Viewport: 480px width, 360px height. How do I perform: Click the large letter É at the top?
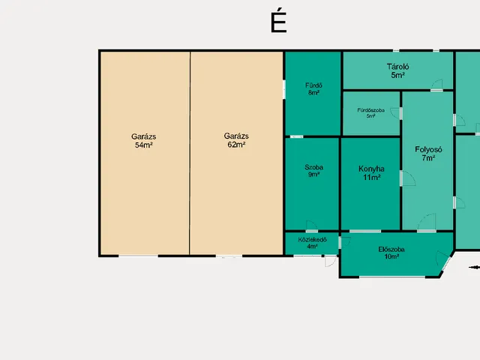click(x=278, y=22)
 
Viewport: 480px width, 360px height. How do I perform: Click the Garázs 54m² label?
click(x=143, y=141)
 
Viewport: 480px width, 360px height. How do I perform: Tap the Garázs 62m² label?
click(x=236, y=140)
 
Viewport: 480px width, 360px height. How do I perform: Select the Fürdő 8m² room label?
click(x=313, y=88)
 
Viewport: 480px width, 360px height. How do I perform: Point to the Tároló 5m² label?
click(x=397, y=70)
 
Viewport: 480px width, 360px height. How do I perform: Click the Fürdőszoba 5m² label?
click(x=370, y=113)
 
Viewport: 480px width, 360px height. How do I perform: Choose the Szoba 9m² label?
click(x=313, y=171)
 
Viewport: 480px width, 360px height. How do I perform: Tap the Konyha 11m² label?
click(x=371, y=173)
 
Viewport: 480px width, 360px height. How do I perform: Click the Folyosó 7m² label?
click(x=428, y=154)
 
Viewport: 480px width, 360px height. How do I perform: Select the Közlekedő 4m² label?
click(x=312, y=243)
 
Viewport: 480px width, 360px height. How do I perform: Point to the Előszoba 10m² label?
click(x=391, y=253)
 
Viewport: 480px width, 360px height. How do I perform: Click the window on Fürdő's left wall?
click(x=284, y=89)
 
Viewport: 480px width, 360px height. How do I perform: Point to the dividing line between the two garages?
click(x=190, y=153)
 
